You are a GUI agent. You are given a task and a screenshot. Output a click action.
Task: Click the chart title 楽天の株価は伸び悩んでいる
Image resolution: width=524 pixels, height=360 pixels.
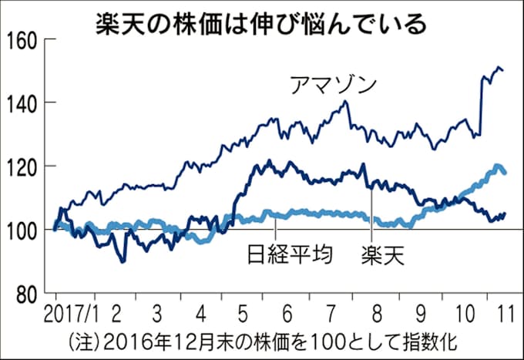pos(261,22)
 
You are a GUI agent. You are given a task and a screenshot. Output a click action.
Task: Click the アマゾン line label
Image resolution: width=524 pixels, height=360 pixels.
pos(334,83)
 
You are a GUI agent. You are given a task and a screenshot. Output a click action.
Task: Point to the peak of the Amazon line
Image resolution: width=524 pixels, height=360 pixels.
pos(496,68)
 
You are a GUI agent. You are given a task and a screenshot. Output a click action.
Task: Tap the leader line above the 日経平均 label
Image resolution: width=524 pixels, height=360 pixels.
pos(275,229)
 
